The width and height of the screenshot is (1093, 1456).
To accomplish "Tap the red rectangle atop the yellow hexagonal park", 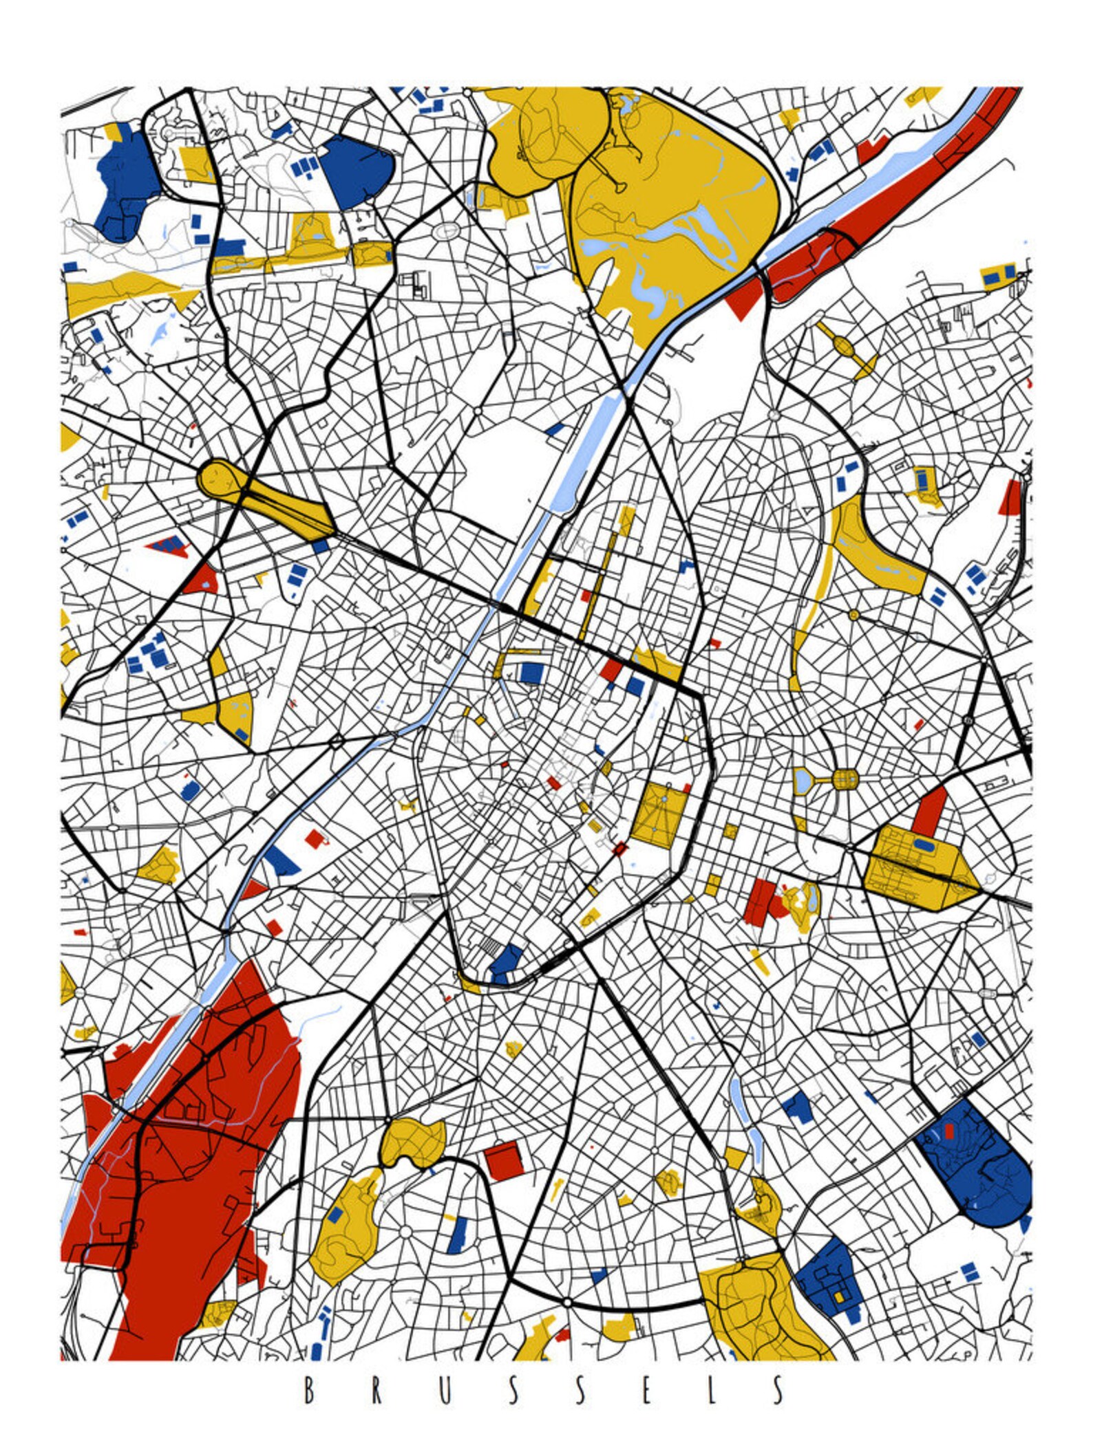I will [930, 809].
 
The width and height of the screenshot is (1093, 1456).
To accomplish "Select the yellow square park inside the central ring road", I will [659, 813].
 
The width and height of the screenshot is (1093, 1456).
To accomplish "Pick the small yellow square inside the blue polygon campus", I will [838, 1296].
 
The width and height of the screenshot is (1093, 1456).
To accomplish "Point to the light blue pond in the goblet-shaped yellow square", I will [802, 780].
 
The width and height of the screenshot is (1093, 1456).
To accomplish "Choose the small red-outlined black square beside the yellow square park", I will [619, 849].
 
